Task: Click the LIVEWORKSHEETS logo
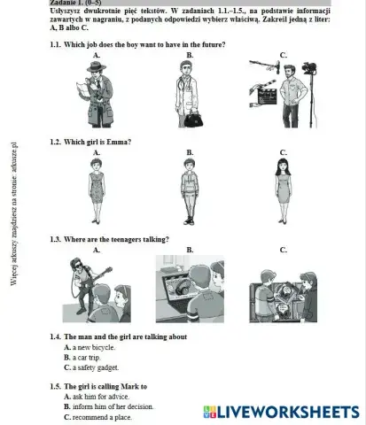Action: tap(281, 412)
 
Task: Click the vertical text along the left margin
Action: tap(15, 212)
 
